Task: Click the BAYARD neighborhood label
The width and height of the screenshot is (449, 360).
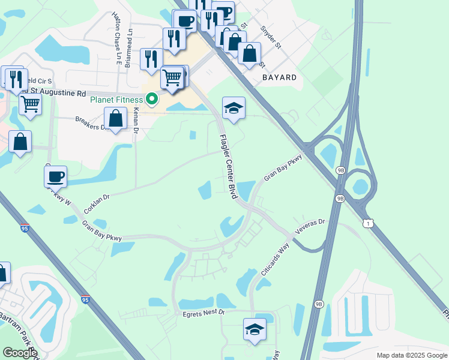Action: click(x=279, y=77)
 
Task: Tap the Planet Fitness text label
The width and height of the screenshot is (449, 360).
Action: click(x=117, y=100)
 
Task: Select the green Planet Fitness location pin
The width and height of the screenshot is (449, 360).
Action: click(x=152, y=99)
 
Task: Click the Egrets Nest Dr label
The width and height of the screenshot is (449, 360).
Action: click(x=203, y=313)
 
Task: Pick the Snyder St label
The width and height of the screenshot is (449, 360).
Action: click(x=271, y=37)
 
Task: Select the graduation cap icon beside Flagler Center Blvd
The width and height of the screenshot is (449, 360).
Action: click(x=234, y=108)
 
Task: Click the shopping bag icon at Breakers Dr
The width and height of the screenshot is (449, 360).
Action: click(x=116, y=118)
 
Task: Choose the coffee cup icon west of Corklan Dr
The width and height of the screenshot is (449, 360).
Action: click(x=55, y=176)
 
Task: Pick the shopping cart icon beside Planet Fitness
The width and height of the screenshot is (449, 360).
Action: click(x=172, y=77)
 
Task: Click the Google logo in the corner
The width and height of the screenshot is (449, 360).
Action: click(x=19, y=353)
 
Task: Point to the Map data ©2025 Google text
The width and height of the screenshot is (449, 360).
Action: click(x=411, y=355)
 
